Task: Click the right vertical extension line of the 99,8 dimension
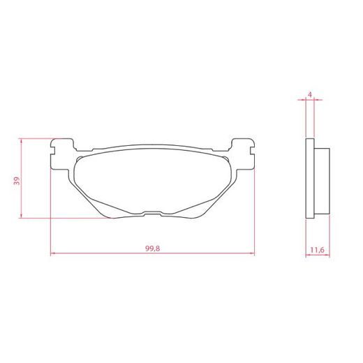253,209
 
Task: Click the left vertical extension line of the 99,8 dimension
52,209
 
